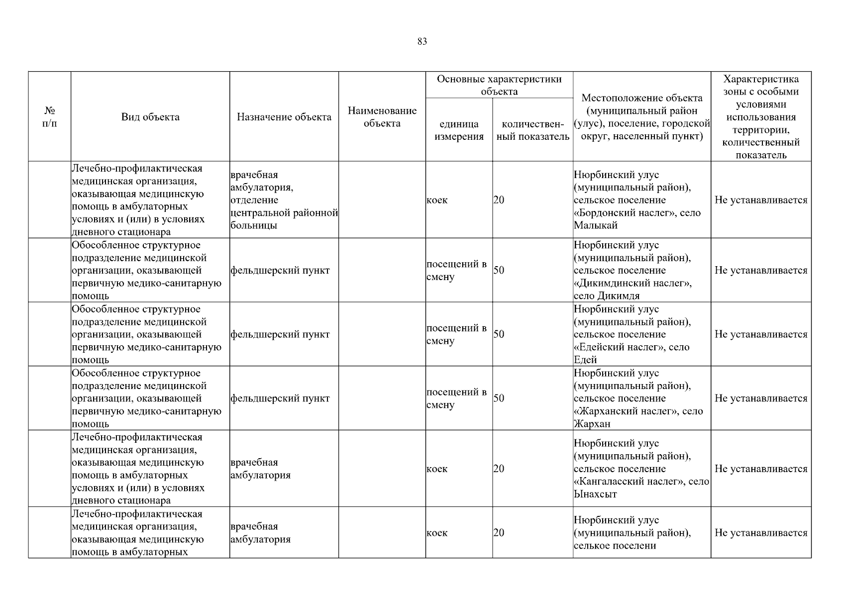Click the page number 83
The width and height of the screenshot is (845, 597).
[422, 42]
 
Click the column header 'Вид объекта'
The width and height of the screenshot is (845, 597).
[150, 117]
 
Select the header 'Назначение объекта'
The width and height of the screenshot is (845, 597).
[284, 117]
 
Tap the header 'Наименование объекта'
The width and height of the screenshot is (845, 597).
[382, 117]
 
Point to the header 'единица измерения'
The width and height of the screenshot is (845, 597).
[459, 130]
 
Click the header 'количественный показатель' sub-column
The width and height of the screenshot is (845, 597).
[532, 130]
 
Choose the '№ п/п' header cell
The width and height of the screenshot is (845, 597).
[49, 117]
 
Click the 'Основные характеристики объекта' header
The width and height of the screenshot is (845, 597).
[499, 85]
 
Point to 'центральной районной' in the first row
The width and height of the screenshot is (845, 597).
[284, 213]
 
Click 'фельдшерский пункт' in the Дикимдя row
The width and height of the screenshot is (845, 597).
[280, 271]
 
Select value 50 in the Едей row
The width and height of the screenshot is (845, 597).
[499, 334]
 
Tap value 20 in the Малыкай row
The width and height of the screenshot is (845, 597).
[499, 200]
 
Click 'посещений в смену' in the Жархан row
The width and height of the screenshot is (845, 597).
[456, 398]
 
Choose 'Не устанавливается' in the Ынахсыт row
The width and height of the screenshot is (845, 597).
[760, 469]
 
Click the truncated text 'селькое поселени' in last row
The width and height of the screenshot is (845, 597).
[615, 546]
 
